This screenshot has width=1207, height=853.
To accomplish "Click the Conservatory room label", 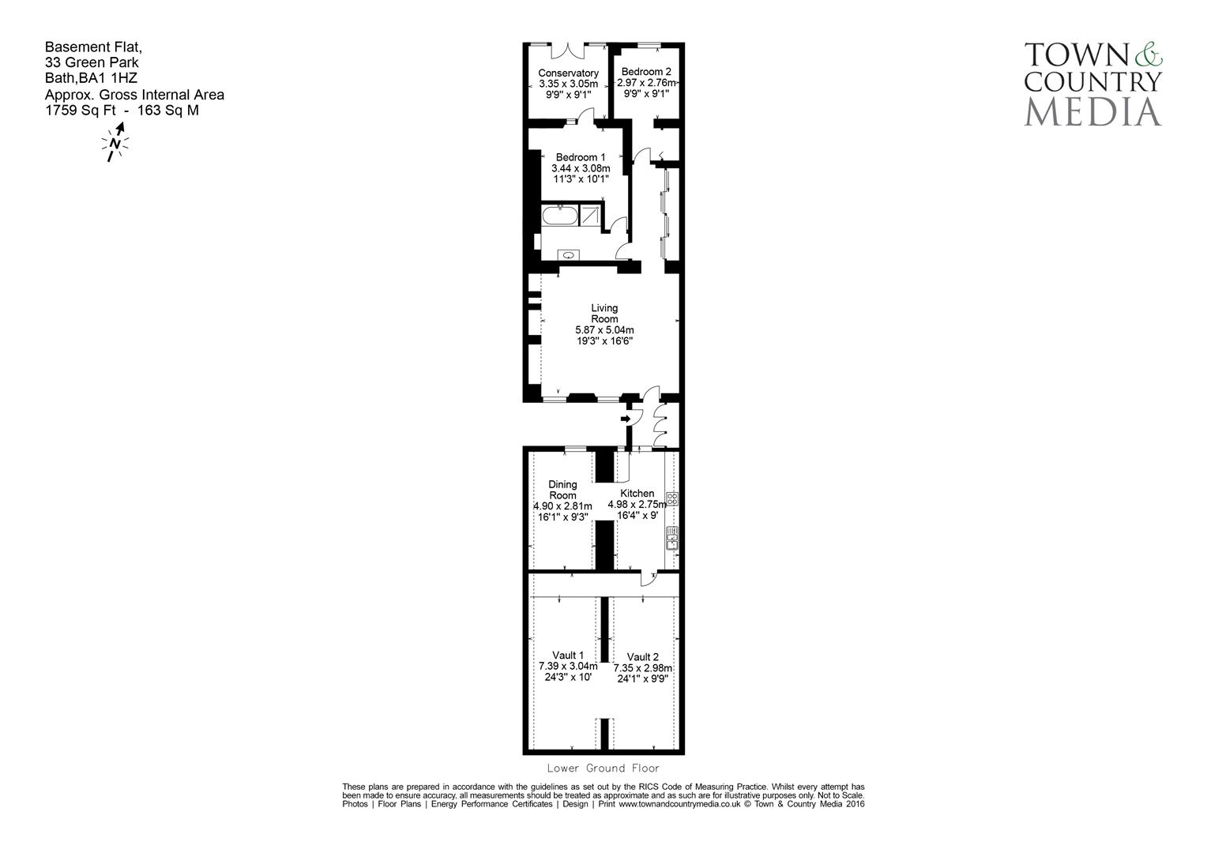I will point(568,73).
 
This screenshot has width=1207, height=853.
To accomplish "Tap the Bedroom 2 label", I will point(645,72).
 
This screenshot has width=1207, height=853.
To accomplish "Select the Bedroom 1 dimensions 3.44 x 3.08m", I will point(581,168).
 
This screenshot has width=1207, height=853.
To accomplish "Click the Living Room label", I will point(604,313).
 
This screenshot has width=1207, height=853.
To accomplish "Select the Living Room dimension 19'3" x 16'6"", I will point(604,341).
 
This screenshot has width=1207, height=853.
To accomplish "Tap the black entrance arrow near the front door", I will point(626,419).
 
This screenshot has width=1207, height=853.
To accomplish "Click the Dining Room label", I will point(562,490).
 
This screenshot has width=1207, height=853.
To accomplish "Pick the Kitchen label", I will point(637,493).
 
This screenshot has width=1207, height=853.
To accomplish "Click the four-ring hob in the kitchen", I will point(672,498).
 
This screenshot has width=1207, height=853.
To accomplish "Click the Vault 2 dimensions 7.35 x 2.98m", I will point(642,667).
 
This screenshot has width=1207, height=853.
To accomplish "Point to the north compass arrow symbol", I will point(115,143).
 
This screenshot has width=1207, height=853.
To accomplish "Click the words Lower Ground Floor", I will point(603,768).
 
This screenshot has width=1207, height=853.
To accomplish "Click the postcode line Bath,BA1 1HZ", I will point(91,78).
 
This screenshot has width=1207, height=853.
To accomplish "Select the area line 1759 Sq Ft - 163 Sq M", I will point(122,111).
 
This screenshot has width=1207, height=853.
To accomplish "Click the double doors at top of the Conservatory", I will point(567,50).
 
